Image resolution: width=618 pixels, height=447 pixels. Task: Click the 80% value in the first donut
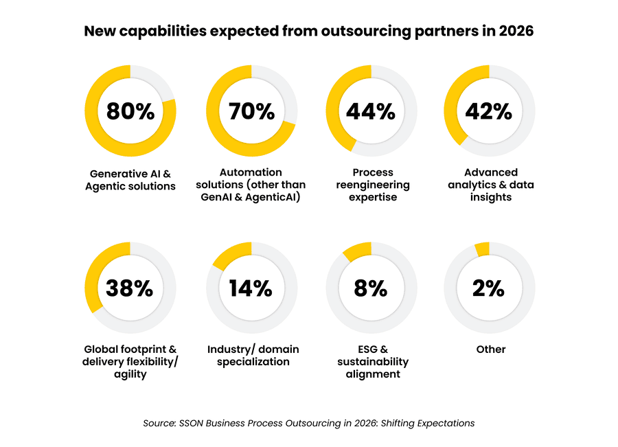130,111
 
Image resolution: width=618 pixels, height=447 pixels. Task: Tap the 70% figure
251,111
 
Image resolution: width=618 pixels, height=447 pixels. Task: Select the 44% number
371,111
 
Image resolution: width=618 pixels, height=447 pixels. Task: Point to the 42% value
490,111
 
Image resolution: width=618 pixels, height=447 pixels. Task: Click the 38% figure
130,288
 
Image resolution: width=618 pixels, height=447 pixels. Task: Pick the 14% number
251,288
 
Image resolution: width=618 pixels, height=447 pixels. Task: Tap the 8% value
371,288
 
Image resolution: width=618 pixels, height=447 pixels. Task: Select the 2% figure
490,288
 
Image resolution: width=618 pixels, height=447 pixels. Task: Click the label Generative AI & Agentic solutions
130,179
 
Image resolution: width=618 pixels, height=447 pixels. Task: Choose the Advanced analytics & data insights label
490,185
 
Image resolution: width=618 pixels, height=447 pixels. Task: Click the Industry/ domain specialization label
253,356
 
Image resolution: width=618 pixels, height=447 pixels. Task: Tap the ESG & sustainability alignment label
372,362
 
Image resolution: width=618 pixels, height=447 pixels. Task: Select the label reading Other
491,349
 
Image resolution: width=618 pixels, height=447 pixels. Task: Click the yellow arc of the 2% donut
482,249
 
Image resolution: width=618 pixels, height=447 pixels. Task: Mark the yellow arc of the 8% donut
357,252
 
